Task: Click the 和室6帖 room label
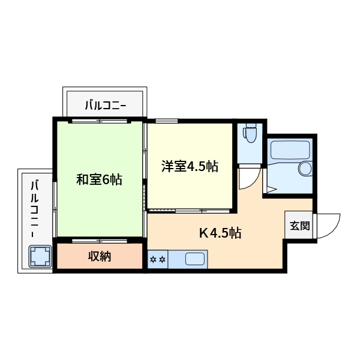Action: point(99,179)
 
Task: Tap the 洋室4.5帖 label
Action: point(189,167)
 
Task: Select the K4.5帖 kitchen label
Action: point(220,233)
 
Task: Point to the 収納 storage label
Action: point(100,257)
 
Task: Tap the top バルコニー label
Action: point(105,106)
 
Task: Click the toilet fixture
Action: point(250,133)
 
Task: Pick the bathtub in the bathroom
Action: point(289,149)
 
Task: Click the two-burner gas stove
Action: point(157,260)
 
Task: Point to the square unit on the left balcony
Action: point(40,256)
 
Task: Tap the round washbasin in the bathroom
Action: point(305,169)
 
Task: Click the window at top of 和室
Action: point(100,121)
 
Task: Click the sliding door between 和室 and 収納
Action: point(100,241)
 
